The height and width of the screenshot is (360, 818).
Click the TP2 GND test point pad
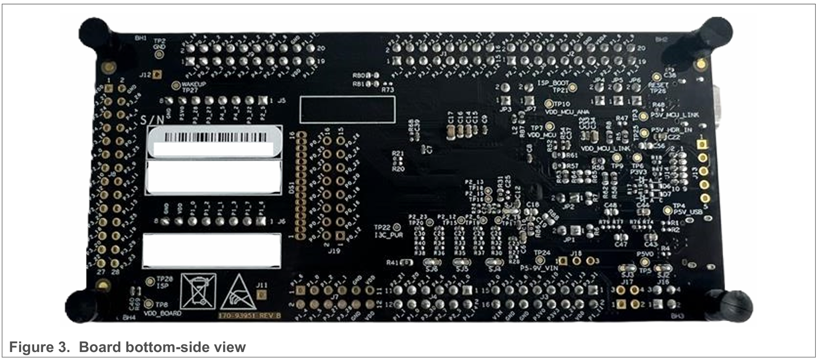click(x=159, y=54)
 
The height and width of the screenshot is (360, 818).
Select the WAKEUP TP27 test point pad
click(x=176, y=85)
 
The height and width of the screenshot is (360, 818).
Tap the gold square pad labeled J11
click(x=262, y=294)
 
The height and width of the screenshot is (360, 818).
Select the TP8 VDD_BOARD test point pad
click(x=149, y=304)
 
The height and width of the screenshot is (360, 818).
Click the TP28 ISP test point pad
click(x=150, y=281)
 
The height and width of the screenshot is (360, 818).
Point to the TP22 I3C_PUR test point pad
click(x=396, y=227)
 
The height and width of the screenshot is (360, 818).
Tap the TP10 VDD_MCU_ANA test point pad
click(x=549, y=104)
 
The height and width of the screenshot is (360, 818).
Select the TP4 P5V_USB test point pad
click(x=668, y=210)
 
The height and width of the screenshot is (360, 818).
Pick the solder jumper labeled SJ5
click(x=461, y=262)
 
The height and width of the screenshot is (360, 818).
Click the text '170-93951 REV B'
click(x=250, y=315)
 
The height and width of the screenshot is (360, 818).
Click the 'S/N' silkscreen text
click(x=153, y=120)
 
